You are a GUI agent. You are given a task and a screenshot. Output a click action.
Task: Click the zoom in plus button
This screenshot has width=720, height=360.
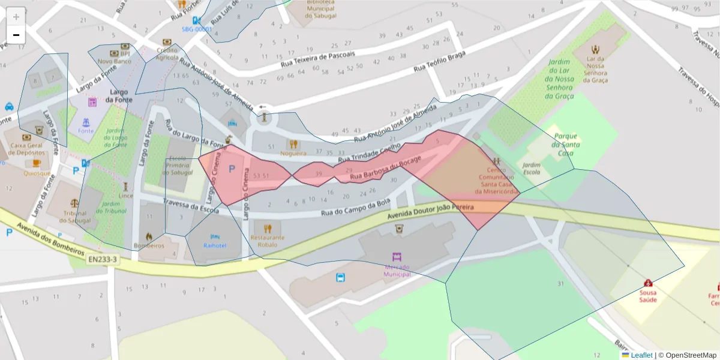(16, 17)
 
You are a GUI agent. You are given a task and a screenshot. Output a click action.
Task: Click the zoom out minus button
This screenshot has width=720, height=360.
(16, 35)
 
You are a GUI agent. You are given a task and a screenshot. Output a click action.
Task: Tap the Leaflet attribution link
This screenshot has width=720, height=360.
(641, 355)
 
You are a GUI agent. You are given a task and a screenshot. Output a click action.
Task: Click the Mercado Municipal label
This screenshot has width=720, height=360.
(397, 270)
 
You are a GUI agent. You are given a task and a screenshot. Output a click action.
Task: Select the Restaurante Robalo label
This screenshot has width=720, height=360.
(268, 241)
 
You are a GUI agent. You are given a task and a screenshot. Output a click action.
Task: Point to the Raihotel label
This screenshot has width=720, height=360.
(215, 245)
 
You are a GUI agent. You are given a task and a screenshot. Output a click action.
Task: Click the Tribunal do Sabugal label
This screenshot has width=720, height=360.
(74, 216)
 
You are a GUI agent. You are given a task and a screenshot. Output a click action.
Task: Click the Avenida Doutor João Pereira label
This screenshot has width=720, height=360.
(431, 211)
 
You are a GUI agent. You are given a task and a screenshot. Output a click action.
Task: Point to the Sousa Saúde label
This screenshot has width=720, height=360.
(648, 296)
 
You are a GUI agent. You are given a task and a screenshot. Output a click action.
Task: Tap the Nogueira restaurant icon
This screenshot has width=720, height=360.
(293, 144)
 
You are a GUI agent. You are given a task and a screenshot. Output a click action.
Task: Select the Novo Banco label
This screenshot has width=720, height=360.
(114, 61)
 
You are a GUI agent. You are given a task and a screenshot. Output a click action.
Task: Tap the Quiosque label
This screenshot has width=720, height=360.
(37, 173)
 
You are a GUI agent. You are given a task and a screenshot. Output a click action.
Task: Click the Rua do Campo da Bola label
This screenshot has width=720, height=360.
(356, 207)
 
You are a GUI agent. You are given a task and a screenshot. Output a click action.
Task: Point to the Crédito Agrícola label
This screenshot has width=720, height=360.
(167, 54)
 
